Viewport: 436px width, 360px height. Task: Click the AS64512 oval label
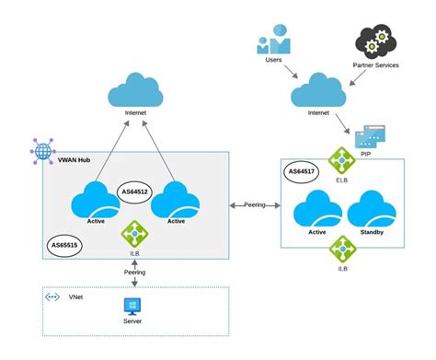135,192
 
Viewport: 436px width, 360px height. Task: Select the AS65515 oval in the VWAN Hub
64,245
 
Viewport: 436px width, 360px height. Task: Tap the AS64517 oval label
302,171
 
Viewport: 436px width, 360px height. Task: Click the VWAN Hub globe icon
43,151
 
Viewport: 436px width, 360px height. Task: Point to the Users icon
273,40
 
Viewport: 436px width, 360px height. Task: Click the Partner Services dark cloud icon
376,42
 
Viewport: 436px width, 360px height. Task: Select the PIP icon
370,136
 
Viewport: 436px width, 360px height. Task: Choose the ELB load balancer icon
342,160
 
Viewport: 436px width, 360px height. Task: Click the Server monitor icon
132,307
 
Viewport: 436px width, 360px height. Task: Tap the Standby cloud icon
372,209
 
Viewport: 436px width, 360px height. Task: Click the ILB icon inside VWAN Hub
134,234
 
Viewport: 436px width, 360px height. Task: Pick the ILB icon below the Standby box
342,249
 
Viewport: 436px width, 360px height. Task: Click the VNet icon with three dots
52,297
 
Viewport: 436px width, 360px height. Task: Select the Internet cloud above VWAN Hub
135,89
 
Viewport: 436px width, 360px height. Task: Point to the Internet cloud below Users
318,89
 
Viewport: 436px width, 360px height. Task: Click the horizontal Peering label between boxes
255,204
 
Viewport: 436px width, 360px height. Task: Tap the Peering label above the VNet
134,273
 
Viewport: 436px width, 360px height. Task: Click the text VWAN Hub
74,160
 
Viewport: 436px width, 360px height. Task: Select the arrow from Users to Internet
291,72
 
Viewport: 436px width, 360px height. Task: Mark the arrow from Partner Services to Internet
358,77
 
